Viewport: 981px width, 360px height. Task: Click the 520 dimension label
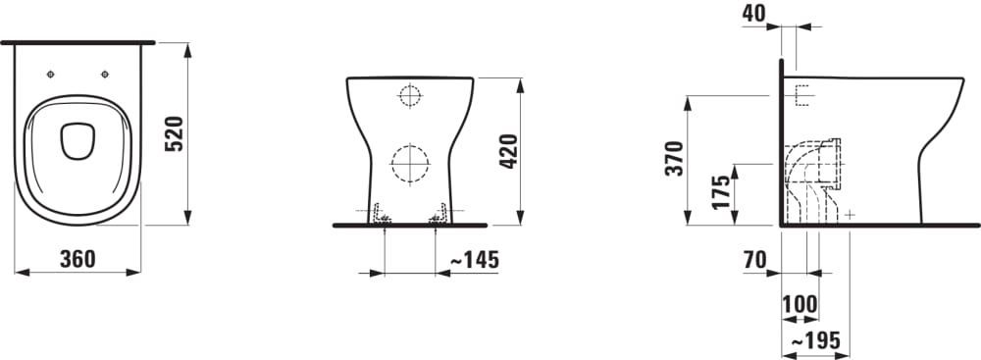(174, 134)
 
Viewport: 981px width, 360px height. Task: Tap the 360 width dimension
(77, 259)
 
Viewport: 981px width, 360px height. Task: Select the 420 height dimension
(507, 151)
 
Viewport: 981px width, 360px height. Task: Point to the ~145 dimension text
(475, 259)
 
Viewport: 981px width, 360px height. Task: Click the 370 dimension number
(675, 158)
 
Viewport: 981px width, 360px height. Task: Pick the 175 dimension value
(721, 192)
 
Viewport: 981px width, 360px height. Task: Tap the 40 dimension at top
(753, 13)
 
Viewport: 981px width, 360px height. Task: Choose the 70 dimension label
(755, 260)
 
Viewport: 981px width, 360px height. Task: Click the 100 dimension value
(800, 304)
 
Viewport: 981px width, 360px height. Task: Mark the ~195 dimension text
(816, 340)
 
